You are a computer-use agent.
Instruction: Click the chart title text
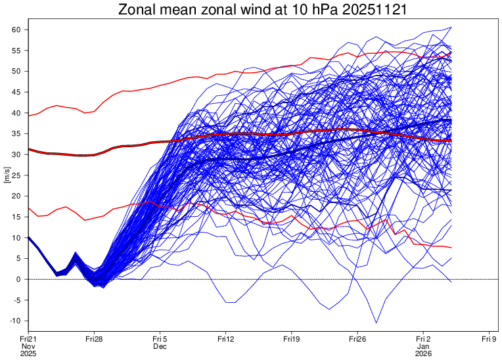(261, 10)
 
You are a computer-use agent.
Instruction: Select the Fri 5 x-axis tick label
(160, 339)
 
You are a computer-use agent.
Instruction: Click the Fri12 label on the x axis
(226, 339)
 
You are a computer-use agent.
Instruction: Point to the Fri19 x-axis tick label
(292, 339)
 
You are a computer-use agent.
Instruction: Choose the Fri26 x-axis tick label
(357, 339)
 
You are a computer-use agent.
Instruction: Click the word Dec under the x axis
(160, 346)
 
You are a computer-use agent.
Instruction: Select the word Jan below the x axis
(423, 346)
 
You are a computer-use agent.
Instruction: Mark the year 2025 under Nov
(28, 353)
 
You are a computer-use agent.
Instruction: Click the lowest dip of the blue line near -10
(377, 323)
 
